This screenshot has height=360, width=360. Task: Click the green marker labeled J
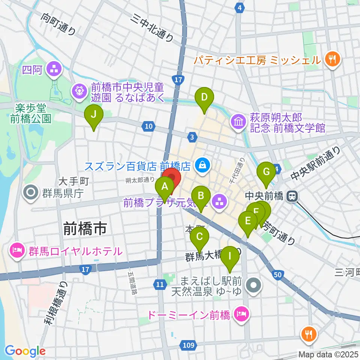point(94,114)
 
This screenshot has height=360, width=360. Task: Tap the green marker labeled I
point(230,258)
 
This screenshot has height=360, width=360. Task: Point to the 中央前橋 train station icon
point(291,196)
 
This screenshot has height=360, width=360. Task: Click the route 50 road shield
point(277,275)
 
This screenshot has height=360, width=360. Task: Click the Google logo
point(25,351)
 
